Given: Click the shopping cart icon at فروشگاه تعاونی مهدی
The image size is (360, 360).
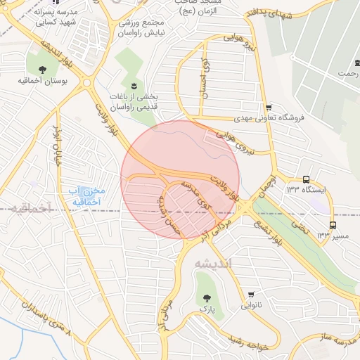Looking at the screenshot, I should pyautogui.click(x=269, y=107).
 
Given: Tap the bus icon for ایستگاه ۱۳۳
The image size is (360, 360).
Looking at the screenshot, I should pyautogui.click(x=306, y=180).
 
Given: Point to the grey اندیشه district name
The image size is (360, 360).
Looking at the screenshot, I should pyautogui.click(x=217, y=263).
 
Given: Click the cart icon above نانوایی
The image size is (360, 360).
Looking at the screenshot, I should pyautogui.click(x=251, y=294).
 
